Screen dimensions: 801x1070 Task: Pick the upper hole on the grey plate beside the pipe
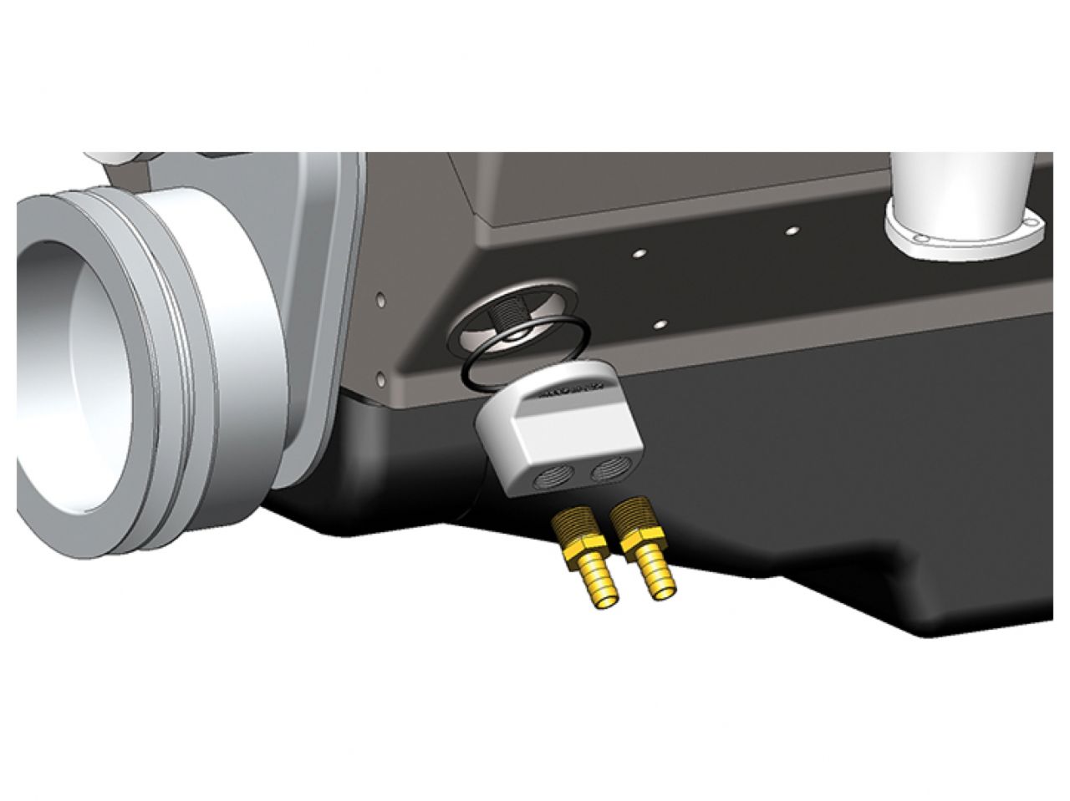(381, 297)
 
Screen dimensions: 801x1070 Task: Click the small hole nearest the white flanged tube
(792, 228)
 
